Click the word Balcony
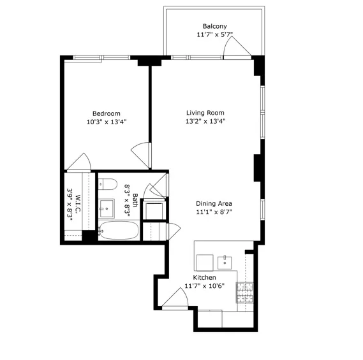(x=214, y=26)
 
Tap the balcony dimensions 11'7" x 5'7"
(x=214, y=36)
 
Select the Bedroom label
(x=106, y=113)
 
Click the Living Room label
(x=205, y=112)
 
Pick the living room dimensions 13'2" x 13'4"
(x=205, y=121)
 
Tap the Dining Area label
(x=214, y=204)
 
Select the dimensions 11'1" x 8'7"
(x=214, y=213)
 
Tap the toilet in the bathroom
(x=107, y=185)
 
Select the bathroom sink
(x=107, y=208)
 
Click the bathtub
(x=119, y=230)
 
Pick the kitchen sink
(x=225, y=261)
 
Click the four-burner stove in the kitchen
(x=244, y=293)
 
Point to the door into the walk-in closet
(x=82, y=162)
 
